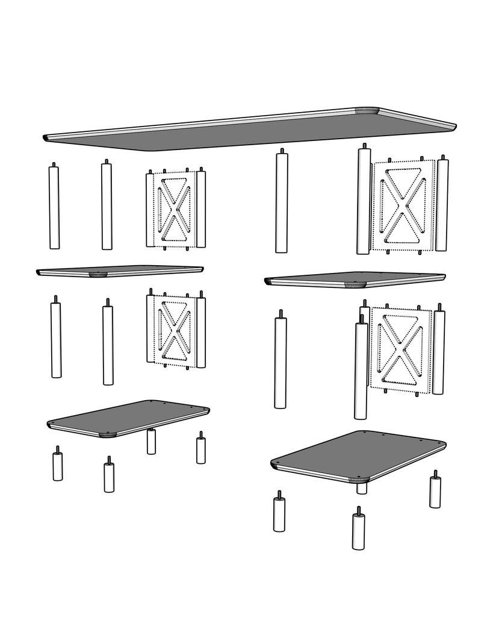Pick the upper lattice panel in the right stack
coord(403,205)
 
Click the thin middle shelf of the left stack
coord(120,271)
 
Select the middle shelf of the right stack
coord(355,279)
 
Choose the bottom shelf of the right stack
coord(358,456)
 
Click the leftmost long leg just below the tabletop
coord(54,208)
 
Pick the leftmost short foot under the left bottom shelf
coord(58,466)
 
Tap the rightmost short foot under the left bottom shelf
coord(200,449)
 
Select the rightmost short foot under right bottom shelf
coord(435,492)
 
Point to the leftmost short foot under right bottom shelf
coord(279,515)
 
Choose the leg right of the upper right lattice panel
coord(442,205)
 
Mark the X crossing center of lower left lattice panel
coord(175,331)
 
